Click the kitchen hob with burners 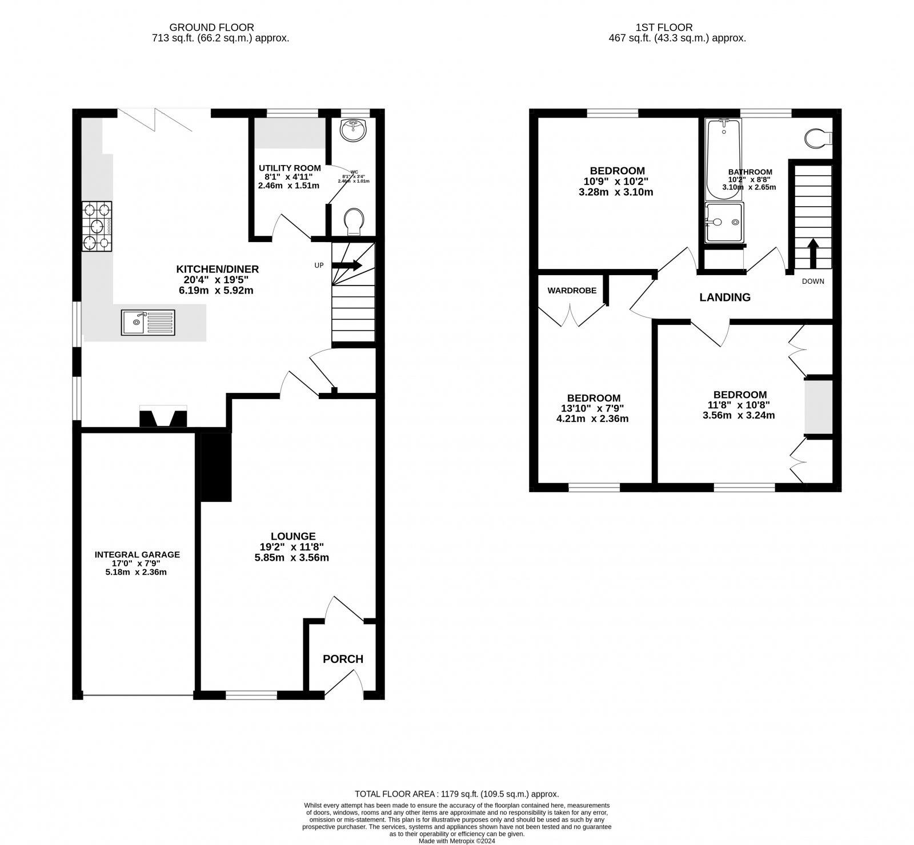tap(97, 227)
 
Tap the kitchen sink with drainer tap(148, 322)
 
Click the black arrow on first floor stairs tap(812, 253)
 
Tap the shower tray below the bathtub tap(724, 222)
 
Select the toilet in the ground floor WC tap(355, 220)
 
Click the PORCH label tap(343, 659)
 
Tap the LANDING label tap(725, 297)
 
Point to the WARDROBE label tap(572, 291)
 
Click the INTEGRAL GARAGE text tap(137, 554)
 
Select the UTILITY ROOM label tap(290, 168)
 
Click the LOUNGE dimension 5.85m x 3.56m tap(291, 558)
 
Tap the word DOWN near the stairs tap(813, 281)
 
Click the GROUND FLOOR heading tap(212, 27)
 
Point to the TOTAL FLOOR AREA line tap(456, 794)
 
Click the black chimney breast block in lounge tap(215, 466)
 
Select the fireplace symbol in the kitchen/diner tap(163, 416)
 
